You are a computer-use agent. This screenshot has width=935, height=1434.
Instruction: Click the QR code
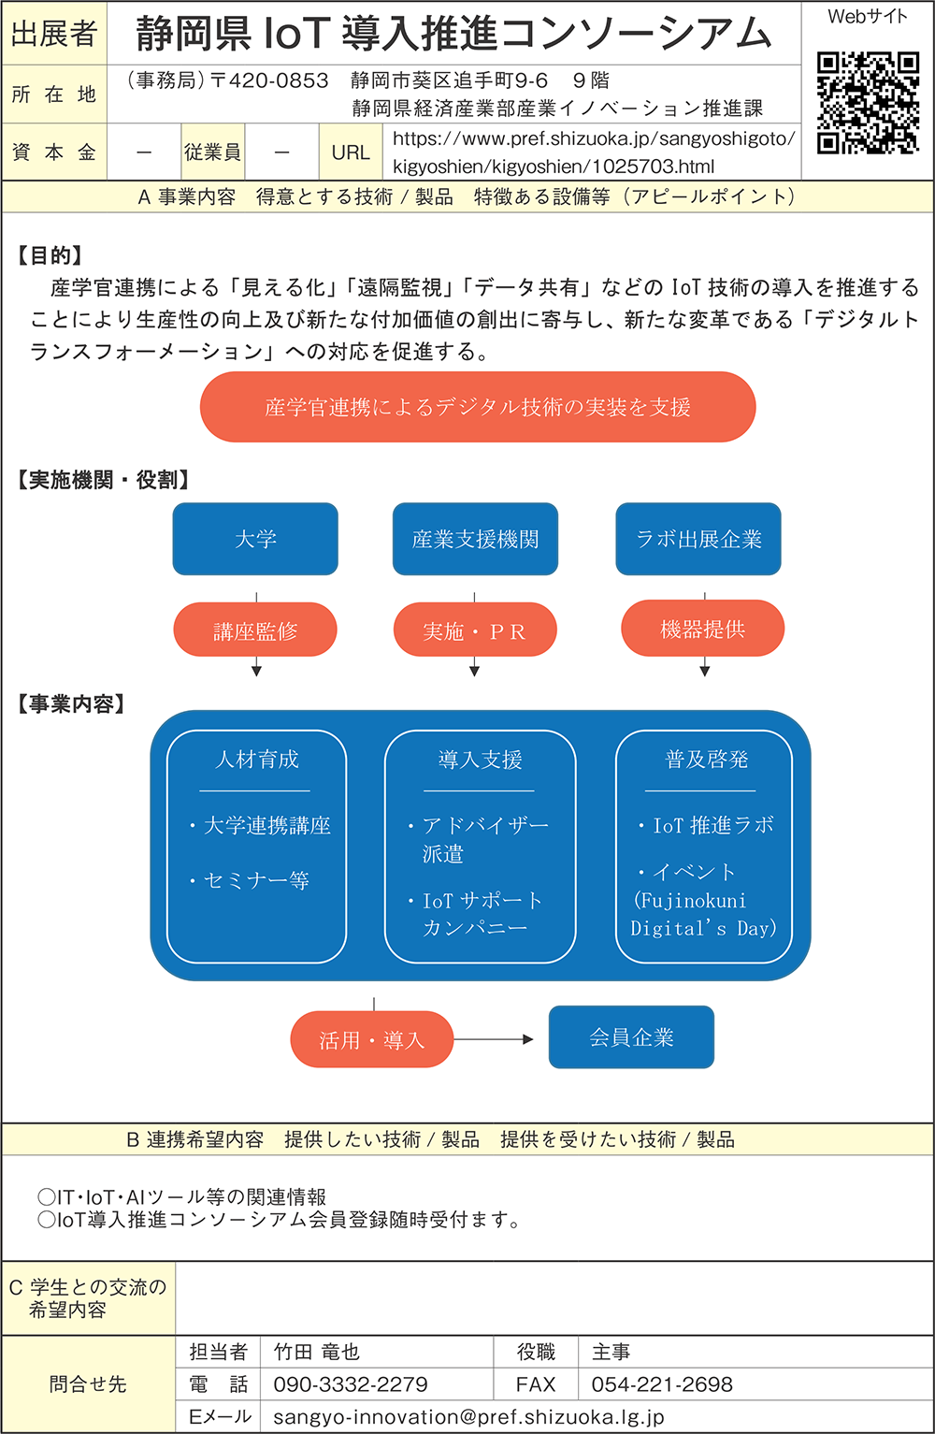pyautogui.click(x=867, y=102)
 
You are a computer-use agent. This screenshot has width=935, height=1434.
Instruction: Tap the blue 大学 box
pyautogui.click(x=255, y=539)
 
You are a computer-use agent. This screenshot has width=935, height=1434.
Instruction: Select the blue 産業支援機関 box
pyautogui.click(x=475, y=539)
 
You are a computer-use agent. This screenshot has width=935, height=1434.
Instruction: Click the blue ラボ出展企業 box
pyautogui.click(x=698, y=539)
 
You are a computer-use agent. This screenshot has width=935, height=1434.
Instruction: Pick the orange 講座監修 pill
pyautogui.click(x=255, y=631)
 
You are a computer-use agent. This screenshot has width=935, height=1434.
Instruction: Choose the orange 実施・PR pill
pyautogui.click(x=475, y=631)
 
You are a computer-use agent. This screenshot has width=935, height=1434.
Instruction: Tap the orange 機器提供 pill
pyautogui.click(x=702, y=630)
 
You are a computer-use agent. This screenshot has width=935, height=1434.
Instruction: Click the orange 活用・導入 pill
pyautogui.click(x=372, y=1039)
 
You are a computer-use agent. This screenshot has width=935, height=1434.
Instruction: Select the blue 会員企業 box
pyautogui.click(x=631, y=1037)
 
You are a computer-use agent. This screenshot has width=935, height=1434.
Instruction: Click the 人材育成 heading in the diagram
pyautogui.click(x=256, y=760)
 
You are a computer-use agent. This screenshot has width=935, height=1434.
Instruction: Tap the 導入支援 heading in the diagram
pyautogui.click(x=480, y=760)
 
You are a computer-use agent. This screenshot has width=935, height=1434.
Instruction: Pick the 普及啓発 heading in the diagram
pyautogui.click(x=706, y=760)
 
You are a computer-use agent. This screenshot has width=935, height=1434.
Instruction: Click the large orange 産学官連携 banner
pyautogui.click(x=478, y=407)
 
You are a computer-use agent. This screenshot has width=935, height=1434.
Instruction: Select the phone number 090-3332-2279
pyautogui.click(x=351, y=1384)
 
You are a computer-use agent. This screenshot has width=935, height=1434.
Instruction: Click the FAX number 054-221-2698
pyautogui.click(x=662, y=1384)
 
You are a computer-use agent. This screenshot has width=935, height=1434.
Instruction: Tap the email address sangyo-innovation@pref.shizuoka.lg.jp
pyautogui.click(x=468, y=1416)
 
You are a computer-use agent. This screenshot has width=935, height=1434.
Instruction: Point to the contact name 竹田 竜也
pyautogui.click(x=316, y=1352)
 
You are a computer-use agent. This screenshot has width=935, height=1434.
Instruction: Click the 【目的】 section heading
pyautogui.click(x=50, y=255)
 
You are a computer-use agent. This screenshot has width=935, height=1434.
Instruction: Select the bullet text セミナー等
pyautogui.click(x=256, y=880)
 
